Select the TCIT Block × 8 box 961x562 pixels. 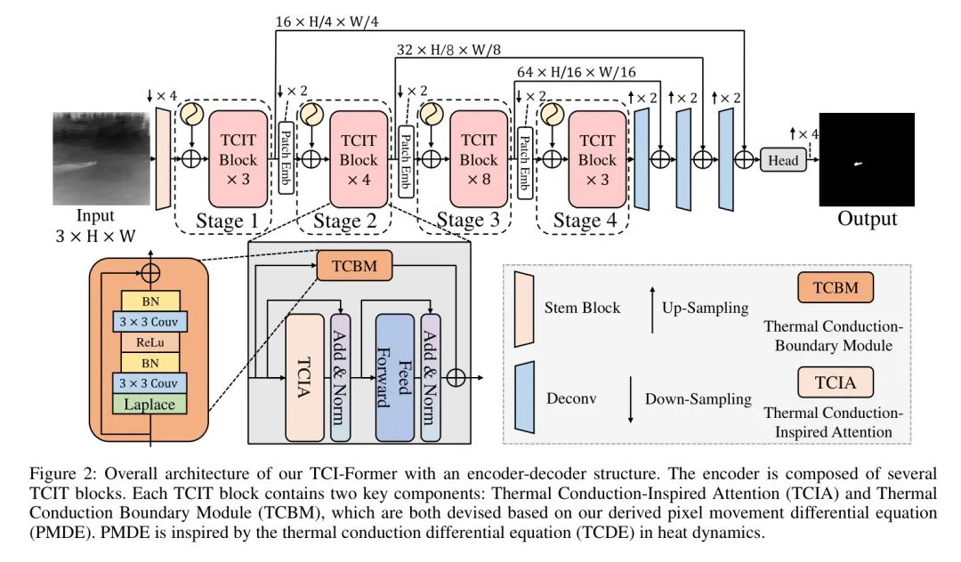tap(479, 160)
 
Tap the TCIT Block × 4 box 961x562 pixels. tap(359, 160)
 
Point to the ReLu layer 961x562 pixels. tap(149, 341)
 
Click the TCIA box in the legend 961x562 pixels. tap(835, 381)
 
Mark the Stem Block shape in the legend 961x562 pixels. tap(525, 307)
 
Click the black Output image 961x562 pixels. tap(866, 160)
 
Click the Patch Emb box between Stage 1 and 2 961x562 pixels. tap(286, 158)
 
